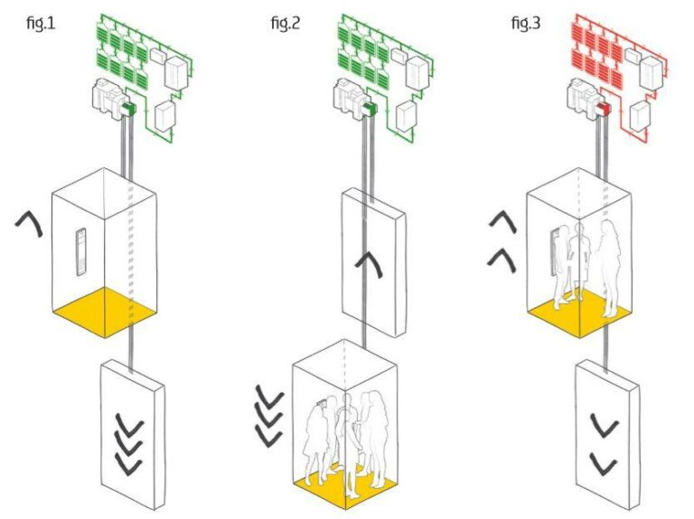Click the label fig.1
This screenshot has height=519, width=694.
(41, 22)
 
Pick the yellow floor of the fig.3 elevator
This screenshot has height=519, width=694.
(579, 316)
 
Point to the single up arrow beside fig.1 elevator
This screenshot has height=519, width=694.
(31, 222)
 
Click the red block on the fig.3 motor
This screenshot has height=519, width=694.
(605, 109)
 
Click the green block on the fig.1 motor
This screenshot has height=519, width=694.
(129, 109)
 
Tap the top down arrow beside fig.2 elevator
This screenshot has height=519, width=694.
(268, 394)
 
